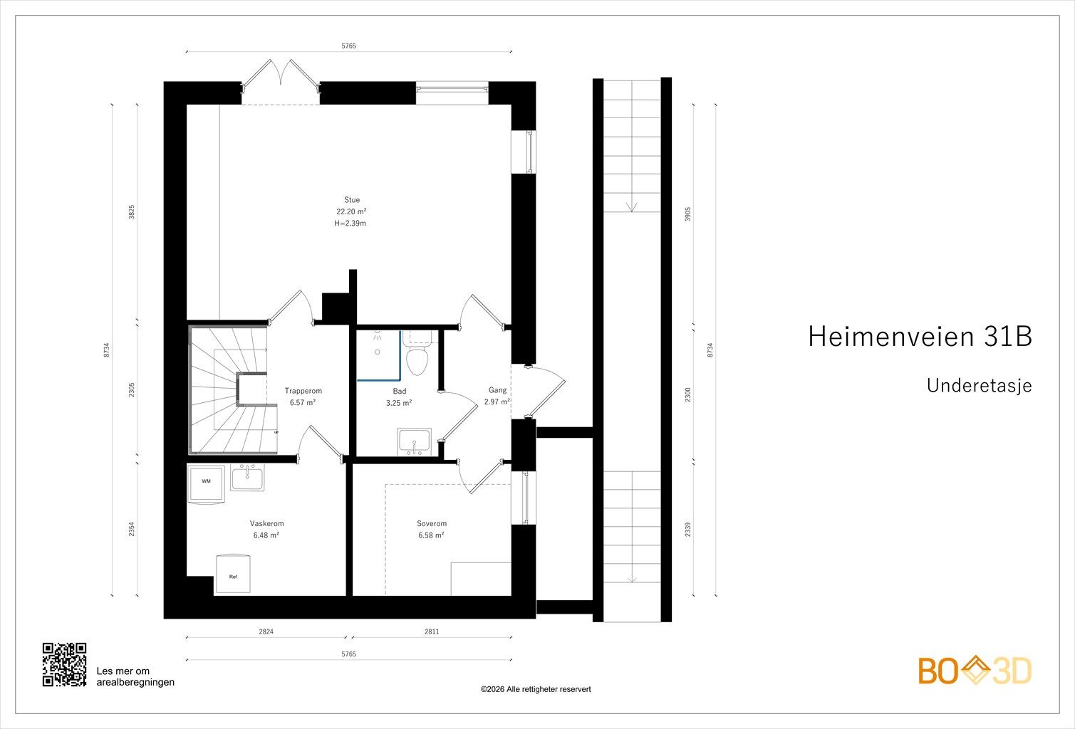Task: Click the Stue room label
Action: tap(351, 200)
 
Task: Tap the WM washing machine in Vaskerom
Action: tap(206, 482)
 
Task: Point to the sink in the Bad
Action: tap(415, 441)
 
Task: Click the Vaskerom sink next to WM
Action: tap(246, 478)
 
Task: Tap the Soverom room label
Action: tap(432, 524)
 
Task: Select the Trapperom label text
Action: tap(303, 391)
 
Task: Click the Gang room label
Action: tap(497, 390)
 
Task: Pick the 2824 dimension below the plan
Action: tap(266, 631)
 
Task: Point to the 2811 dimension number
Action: tap(432, 631)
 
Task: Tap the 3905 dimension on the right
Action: tap(687, 214)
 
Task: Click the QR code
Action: tap(64, 664)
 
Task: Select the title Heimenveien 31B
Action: tap(920, 337)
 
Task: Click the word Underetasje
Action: tap(979, 386)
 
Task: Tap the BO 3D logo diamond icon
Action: tap(975, 671)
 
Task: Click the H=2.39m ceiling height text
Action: tap(350, 224)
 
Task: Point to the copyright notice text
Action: tap(536, 689)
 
